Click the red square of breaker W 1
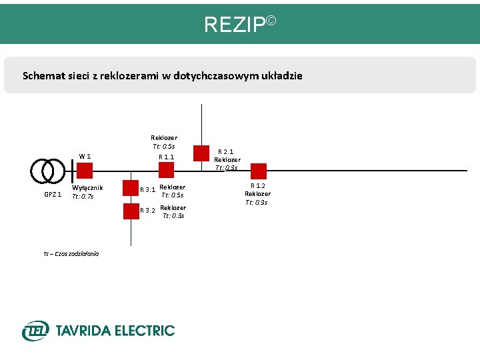(x=84, y=171)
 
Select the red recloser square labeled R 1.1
(x=166, y=171)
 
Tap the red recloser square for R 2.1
(x=201, y=153)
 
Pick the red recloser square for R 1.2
(x=259, y=171)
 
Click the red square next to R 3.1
(x=131, y=188)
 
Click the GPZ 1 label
(x=53, y=195)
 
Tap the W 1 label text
(x=85, y=156)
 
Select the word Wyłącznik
(x=87, y=188)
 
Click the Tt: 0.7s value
(x=83, y=196)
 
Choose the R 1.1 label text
(x=166, y=157)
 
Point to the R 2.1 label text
(x=225, y=152)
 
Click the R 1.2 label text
(x=257, y=185)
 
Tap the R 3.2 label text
(x=147, y=211)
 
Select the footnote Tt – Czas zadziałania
(x=71, y=254)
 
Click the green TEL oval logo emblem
(x=35, y=330)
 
